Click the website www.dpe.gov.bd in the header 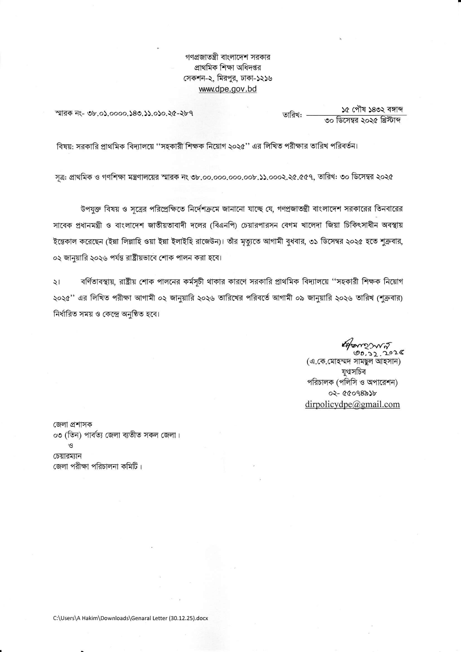(x=228, y=89)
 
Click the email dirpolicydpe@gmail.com (x=352, y=404)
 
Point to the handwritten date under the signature (x=379, y=354)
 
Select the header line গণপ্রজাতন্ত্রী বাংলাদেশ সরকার (x=228, y=57)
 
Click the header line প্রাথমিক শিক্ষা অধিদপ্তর (x=228, y=68)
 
